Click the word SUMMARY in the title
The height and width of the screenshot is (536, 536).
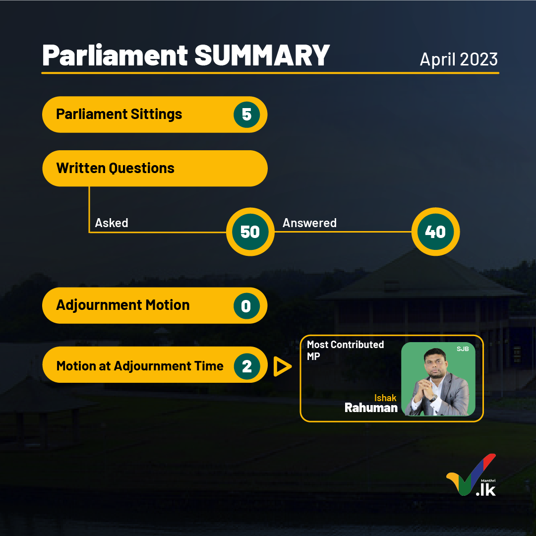(262, 56)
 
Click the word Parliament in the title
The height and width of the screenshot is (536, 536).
(115, 56)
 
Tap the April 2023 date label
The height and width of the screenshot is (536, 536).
(459, 60)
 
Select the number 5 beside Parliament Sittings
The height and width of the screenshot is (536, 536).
(247, 115)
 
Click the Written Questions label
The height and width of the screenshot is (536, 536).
(115, 168)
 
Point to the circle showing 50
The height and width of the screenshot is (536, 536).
(250, 232)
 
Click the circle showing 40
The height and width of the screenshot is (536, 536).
(435, 232)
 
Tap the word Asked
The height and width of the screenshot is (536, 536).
(112, 223)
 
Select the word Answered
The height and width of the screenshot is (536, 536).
(309, 223)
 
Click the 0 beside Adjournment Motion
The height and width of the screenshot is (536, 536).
(247, 306)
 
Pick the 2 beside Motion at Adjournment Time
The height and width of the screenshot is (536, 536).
(247, 366)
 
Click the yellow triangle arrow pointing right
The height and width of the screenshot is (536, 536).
(282, 366)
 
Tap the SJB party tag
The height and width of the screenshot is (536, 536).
(463, 349)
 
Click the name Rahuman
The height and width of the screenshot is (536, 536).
(371, 408)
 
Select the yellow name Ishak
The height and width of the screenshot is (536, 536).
(385, 398)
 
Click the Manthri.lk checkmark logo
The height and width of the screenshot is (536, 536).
(472, 475)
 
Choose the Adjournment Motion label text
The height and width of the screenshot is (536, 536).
(122, 305)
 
